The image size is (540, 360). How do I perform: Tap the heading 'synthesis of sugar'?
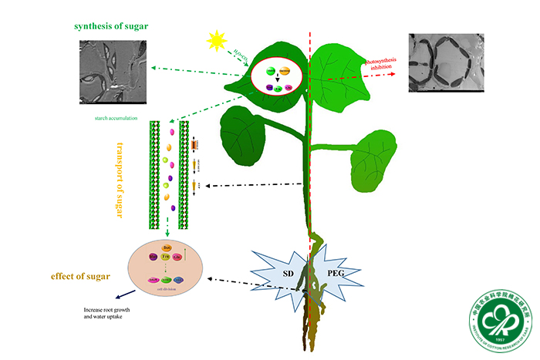(x=111, y=26)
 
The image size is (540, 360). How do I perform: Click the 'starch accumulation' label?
(x=110, y=118)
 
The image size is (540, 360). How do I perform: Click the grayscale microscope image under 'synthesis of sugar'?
(x=113, y=72)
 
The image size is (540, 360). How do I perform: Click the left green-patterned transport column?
(x=154, y=175)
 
